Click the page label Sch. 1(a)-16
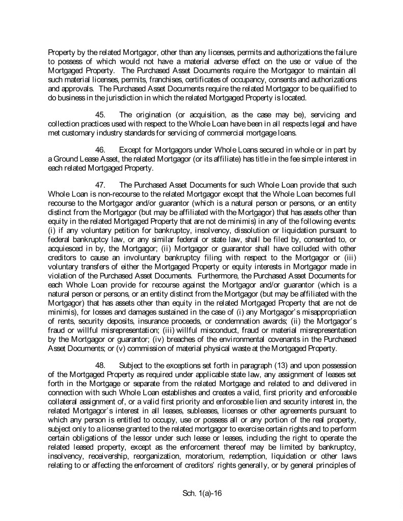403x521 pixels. [201, 493]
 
